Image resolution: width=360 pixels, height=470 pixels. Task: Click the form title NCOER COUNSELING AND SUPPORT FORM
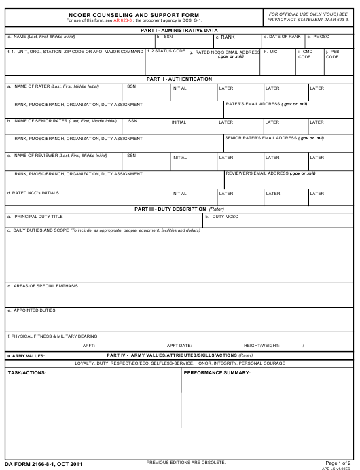pos(134,14)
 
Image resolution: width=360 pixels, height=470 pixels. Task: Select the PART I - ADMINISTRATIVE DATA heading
pos(179,30)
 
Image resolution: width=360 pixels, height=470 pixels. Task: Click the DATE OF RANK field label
pos(284,37)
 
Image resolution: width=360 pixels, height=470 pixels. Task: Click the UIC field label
pos(271,52)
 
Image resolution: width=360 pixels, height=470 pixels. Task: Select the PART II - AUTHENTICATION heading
pos(179,79)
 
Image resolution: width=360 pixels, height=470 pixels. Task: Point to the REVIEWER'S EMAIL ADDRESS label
pos(270,173)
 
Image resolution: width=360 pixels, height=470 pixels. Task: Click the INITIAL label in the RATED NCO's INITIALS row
pos(179,194)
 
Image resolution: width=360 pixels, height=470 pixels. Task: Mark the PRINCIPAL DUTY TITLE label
pos(39,217)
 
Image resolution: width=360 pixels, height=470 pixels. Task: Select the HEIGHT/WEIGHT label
pos(262,345)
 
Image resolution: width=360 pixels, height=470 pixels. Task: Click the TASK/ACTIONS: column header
pos(27,373)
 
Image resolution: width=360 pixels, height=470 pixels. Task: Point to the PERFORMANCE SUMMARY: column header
pos(217,373)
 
